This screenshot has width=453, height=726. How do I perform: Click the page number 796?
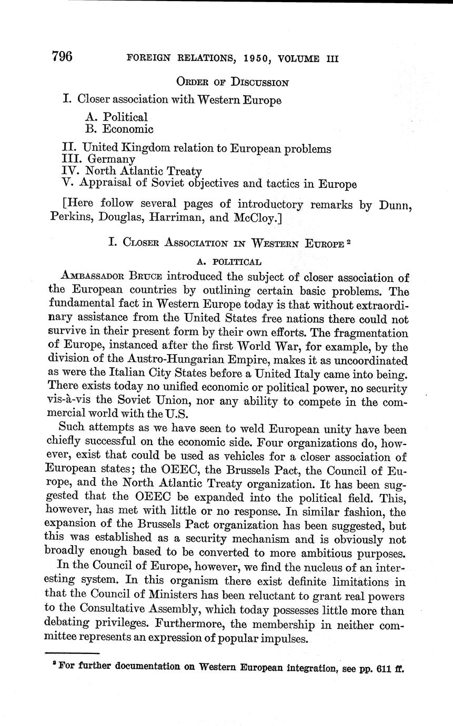(x=62, y=57)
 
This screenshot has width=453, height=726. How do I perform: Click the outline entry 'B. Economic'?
(x=119, y=129)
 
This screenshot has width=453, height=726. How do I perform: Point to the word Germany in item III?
(x=111, y=159)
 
